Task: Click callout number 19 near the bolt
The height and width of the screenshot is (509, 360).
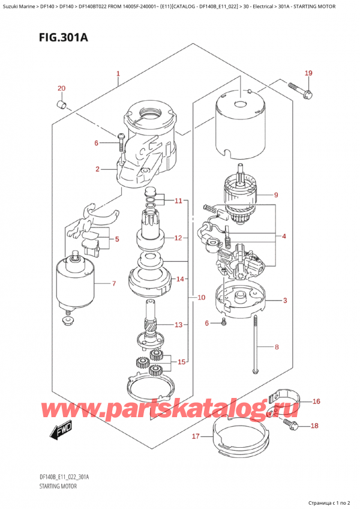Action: [x=308, y=74]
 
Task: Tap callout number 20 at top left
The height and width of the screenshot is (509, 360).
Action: [x=61, y=89]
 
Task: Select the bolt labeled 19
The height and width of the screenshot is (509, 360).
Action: [x=299, y=90]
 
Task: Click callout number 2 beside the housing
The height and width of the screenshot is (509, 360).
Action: [x=97, y=169]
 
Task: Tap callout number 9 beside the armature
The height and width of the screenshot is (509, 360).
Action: [x=275, y=194]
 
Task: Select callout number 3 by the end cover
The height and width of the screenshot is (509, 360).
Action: [x=285, y=300]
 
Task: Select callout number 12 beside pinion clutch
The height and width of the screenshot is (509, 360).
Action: [x=178, y=238]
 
